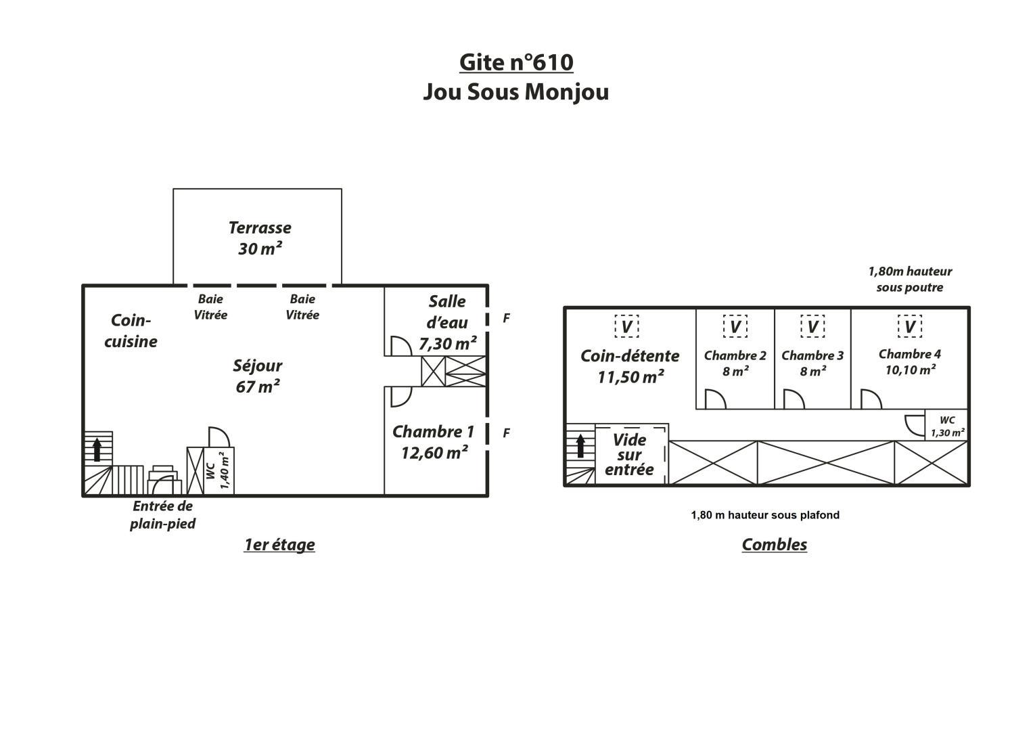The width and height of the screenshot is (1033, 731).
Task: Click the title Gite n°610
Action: tap(516, 62)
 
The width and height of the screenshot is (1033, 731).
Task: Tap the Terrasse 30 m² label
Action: tap(260, 238)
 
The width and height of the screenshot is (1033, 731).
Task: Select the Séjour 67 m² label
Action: tap(257, 376)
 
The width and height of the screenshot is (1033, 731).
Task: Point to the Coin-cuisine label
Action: tap(131, 331)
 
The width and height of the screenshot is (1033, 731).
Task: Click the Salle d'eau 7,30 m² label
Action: tap(447, 323)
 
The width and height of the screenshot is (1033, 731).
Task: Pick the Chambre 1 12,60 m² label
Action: tap(434, 442)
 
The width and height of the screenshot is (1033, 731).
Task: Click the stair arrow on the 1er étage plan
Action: tap(97, 449)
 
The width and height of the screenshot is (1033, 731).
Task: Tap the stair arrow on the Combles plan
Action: tap(580, 446)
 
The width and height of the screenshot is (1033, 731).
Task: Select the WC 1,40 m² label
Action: tap(217, 470)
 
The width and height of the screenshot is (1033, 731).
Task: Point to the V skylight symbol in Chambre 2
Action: tap(735, 326)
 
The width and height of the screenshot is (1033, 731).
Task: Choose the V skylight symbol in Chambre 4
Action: tap(909, 326)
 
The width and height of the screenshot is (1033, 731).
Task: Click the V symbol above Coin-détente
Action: tap(626, 326)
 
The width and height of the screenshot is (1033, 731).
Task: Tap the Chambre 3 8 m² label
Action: tap(812, 363)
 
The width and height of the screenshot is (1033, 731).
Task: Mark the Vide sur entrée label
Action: tap(629, 455)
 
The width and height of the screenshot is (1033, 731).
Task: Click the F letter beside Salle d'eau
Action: tap(507, 318)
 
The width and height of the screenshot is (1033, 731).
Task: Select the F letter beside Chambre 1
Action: tap(507, 433)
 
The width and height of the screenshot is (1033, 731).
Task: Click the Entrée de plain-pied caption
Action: tap(163, 514)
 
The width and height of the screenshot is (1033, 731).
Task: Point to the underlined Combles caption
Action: tap(775, 545)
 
